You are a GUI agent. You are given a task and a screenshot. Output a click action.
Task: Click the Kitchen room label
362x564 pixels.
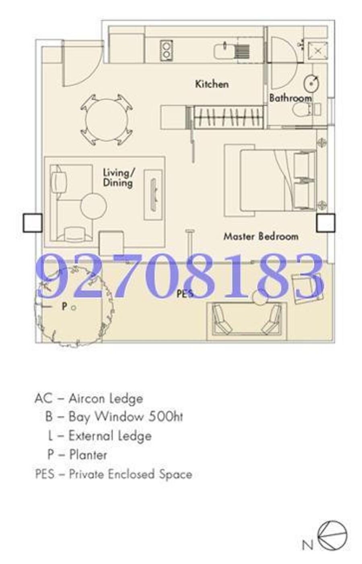[212, 84]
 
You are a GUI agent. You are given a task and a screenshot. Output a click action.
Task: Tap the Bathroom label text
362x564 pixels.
[290, 98]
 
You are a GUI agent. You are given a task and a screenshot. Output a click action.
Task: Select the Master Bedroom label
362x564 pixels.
[261, 236]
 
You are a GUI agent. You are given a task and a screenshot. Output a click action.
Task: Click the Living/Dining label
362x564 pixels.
[119, 178]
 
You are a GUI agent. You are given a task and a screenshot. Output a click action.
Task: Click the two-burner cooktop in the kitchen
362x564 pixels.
[166, 50]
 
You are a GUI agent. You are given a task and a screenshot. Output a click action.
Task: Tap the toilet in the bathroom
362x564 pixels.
[306, 109]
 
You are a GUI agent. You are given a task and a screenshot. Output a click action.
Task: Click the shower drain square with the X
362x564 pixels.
[318, 51]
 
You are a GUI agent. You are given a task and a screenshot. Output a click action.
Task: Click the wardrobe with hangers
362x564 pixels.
[228, 117]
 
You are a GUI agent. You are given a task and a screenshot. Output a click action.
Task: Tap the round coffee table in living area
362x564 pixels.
[93, 206]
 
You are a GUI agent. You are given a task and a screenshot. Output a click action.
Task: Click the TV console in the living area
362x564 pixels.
[153, 194]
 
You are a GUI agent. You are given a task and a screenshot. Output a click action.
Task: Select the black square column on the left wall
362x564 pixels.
[33, 223]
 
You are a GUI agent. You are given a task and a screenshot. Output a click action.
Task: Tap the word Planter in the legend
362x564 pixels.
[88, 455]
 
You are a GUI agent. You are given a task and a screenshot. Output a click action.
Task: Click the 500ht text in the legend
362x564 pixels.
[165, 416]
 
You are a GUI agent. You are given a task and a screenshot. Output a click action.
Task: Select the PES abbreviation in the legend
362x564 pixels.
[45, 474]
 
